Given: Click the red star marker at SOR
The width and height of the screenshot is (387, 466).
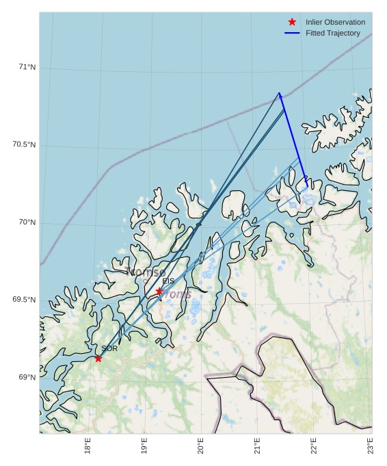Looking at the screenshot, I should coord(98,358).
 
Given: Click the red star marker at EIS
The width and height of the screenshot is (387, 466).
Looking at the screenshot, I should coord(159,291).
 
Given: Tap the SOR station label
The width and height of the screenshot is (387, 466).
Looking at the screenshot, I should coord(109,348).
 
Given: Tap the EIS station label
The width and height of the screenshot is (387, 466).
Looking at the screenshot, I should coord(168,281).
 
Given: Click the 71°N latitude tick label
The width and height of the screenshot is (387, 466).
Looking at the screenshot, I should coord(27,67).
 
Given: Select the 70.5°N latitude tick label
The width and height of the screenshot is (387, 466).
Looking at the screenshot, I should coord(24,144).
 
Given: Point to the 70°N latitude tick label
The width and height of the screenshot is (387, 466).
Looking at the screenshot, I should coord(27,222).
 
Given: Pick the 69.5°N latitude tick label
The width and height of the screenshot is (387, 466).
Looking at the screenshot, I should coord(24,300).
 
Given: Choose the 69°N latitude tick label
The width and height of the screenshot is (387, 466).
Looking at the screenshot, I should coord(27,377).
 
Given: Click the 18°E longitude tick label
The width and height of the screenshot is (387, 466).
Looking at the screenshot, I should coord(88,445).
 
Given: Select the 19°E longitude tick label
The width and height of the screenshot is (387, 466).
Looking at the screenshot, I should coord(144,445).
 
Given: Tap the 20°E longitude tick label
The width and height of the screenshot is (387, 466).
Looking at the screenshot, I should coord(201,445).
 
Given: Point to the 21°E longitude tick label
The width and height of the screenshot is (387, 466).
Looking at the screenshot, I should coord(257,445).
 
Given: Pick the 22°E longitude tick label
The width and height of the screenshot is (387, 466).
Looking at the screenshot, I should coord(314,445).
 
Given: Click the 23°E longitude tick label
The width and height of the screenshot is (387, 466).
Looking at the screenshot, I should coord(370,445).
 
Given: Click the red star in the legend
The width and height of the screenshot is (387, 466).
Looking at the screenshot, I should coord(292,22).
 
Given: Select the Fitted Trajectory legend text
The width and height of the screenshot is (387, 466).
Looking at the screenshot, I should coord(332,33).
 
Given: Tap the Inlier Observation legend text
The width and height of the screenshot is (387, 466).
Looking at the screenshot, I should coord(335,22).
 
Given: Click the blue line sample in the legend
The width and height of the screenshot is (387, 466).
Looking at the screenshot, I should coord(292,33).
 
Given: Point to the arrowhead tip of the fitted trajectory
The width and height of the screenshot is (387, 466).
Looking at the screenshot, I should coord(280,92).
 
